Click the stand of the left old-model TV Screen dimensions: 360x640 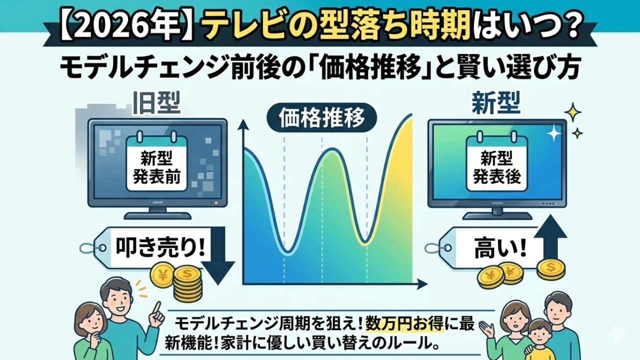157,214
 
